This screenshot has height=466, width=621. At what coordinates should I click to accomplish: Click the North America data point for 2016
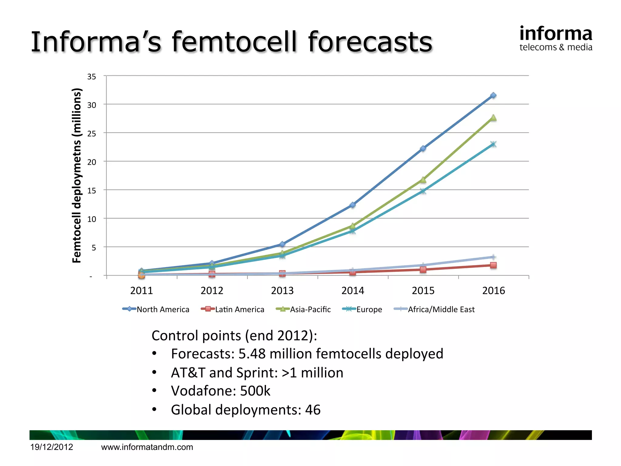pos(493,96)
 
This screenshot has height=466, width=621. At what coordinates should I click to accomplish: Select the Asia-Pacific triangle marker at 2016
pos(493,118)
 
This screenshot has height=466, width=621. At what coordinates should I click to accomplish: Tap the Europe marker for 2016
pos(493,144)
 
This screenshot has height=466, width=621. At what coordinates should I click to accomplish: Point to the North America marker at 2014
pos(353,205)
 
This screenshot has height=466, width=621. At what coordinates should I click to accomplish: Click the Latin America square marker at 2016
pos(493,265)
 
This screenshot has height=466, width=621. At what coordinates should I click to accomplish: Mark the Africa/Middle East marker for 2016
pos(493,257)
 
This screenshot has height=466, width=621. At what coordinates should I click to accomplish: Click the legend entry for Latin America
pos(233,309)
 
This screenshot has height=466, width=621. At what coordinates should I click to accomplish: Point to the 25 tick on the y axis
pos(92,134)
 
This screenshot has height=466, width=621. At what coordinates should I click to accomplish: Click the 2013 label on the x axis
pos(282,291)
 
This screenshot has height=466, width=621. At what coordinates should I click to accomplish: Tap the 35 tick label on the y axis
pos(92,77)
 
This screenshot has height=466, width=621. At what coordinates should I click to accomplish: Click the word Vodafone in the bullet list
pos(203,391)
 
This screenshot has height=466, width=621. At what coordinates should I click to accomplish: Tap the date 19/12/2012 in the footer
pos(52,447)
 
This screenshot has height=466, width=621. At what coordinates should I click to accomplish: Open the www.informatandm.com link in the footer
pos(147,447)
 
